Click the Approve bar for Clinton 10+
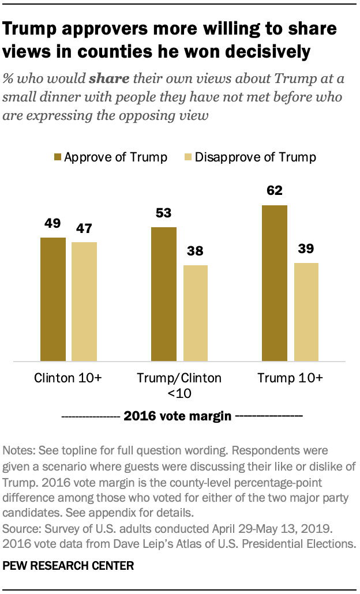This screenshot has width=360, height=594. (x=52, y=299)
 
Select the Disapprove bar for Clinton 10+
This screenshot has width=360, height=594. (x=84, y=302)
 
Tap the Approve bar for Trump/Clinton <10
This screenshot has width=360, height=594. (x=163, y=294)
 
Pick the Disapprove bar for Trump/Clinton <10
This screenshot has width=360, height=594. (x=195, y=313)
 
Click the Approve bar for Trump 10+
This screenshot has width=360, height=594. (x=274, y=283)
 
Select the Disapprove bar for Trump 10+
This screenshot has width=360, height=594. (x=306, y=312)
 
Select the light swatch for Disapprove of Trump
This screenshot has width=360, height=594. (x=187, y=157)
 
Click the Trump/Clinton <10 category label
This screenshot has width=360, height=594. (x=179, y=386)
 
